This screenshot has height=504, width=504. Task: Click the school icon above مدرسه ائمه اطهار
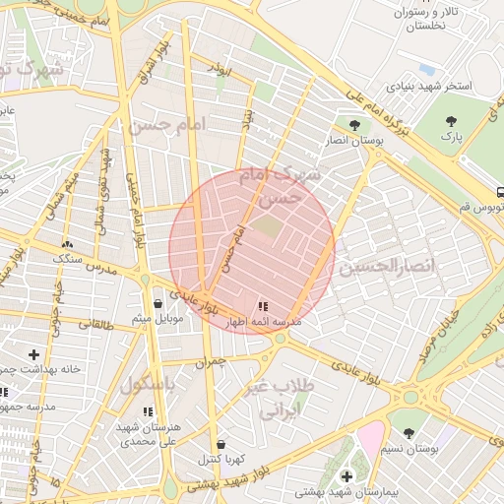coord(262,306)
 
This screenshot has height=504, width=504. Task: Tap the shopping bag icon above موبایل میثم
coord(159,304)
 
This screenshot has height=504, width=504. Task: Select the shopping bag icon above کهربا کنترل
coord(220,444)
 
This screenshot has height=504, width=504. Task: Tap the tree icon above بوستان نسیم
coord(409,432)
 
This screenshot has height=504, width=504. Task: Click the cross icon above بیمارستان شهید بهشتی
coord(346,476)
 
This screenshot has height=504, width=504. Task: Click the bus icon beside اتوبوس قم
coord(500,193)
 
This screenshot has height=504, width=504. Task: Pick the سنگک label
coord(67,258)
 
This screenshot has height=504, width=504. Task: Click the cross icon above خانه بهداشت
coord(34,353)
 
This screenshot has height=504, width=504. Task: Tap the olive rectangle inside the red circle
coord(267,226)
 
